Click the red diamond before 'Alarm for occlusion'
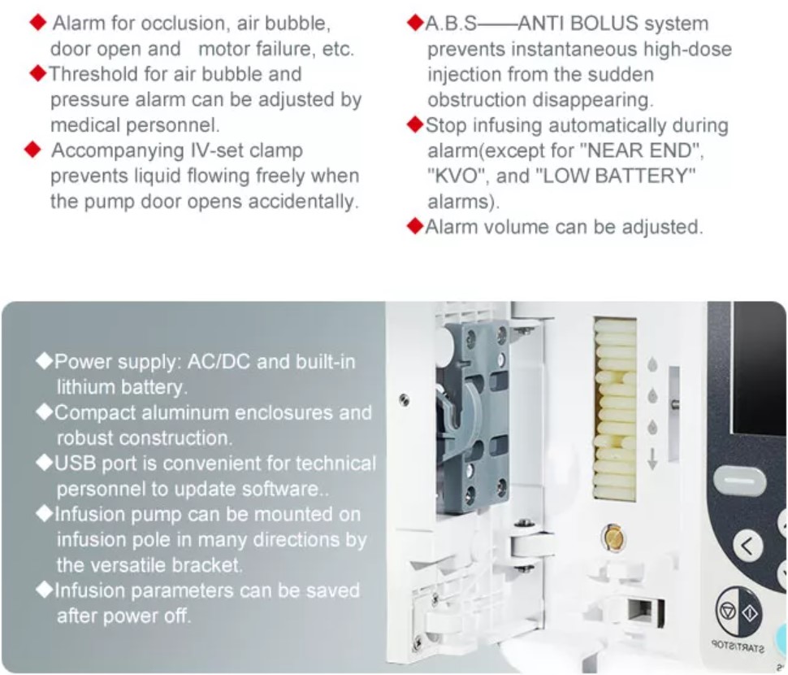point(38,23)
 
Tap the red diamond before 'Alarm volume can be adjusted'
point(415,226)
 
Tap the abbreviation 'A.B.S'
point(450,24)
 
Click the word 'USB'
point(75,464)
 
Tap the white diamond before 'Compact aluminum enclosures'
point(45,412)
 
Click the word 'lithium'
point(85,387)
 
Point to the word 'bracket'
point(207,565)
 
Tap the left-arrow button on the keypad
point(747,545)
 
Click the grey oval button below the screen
point(738,479)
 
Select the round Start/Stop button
point(738,612)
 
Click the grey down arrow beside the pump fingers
point(652,459)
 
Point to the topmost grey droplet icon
point(652,364)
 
